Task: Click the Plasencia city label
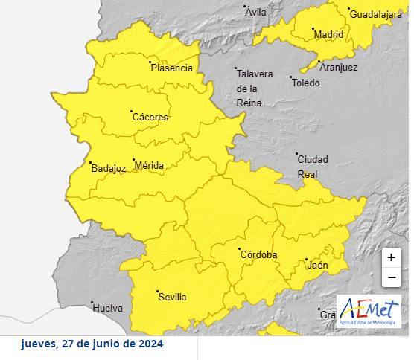pos(171,68)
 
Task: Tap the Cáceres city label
pos(150,118)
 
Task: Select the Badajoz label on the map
pos(108,169)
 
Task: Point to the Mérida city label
pos(149,166)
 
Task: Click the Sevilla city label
pos(172,298)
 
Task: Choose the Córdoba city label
pos(258,255)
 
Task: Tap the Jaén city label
pos(318,265)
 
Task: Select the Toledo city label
pos(305,83)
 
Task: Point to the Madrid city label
pos(328,35)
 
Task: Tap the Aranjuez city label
pos(338,68)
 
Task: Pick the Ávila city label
pos(255,13)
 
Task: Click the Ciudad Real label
pos(312,167)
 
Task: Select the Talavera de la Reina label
pos(253,88)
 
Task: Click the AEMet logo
pos(369,311)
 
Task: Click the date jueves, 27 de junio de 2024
pos(92,344)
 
